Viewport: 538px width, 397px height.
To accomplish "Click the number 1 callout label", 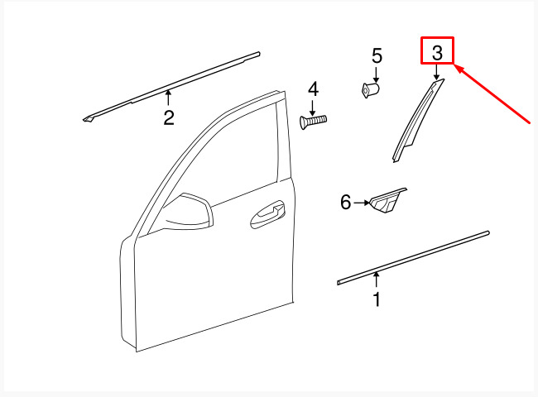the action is click(x=377, y=299).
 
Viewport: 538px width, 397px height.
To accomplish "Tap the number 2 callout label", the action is click(x=169, y=117).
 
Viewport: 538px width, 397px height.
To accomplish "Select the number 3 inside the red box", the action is click(x=437, y=53).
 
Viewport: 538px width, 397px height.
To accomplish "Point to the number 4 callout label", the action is click(x=313, y=89).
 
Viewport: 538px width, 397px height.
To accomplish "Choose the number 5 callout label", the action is click(x=377, y=56).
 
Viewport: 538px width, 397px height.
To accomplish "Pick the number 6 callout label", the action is click(x=346, y=202).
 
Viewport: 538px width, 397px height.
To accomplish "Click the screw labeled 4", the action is click(x=313, y=122).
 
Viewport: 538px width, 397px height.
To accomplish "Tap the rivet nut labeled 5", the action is click(x=371, y=90).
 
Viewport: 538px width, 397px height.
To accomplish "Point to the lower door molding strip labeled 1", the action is click(x=413, y=258).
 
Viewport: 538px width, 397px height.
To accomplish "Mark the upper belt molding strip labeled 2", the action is click(x=171, y=87).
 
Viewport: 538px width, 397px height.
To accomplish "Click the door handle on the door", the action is click(x=267, y=214).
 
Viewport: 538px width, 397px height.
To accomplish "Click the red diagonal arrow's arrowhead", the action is click(x=459, y=68).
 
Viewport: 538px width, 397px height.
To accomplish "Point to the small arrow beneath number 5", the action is click(x=377, y=75).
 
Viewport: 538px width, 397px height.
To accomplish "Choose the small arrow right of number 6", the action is click(x=362, y=203).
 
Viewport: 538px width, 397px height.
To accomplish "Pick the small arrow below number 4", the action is click(x=312, y=108).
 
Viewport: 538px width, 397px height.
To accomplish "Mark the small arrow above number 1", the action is click(x=377, y=280).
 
